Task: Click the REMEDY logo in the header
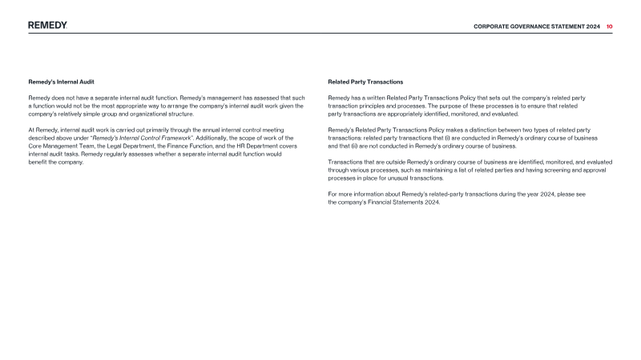pos(47,26)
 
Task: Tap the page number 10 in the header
pos(609,26)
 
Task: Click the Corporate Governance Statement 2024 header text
pos(537,26)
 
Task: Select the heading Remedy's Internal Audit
pos(61,82)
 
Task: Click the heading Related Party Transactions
pos(365,82)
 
